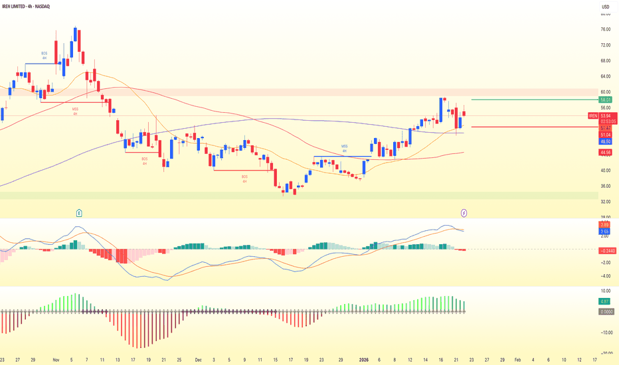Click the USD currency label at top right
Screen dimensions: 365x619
pos(605,7)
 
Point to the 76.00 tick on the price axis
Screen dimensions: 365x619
pos(605,29)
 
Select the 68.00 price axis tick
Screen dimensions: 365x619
pos(605,60)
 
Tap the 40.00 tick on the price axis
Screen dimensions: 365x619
pos(605,170)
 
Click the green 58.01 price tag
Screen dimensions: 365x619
pos(606,100)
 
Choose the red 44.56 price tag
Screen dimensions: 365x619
pos(606,152)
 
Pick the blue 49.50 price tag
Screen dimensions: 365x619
pos(606,141)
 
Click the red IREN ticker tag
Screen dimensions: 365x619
pos(593,115)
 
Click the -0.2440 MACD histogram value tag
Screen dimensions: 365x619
pos(607,250)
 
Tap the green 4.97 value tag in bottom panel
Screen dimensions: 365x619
pos(605,301)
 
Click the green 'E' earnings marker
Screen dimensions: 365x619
pos(78,213)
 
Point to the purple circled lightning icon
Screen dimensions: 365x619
pos(464,213)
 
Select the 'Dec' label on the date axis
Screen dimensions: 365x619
pos(198,359)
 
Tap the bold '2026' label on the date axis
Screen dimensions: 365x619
pos(364,359)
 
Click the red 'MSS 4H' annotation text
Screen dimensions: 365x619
pos(75,111)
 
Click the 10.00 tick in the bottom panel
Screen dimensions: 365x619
pos(605,291)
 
